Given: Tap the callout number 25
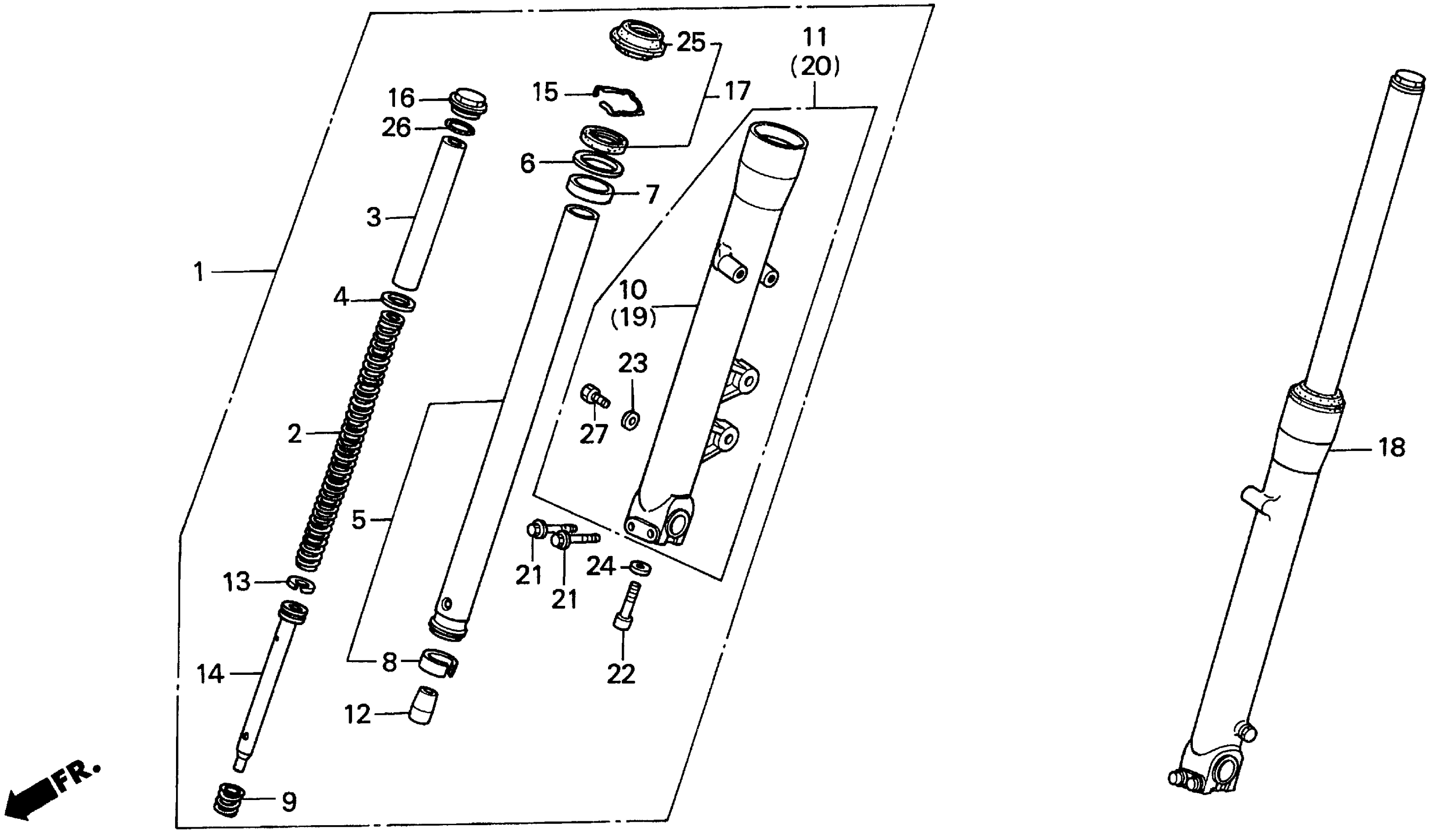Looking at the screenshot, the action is pyautogui.click(x=690, y=43).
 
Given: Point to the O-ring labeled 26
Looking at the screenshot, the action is pyautogui.click(x=460, y=127).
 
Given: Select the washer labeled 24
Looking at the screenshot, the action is pyautogui.click(x=641, y=568).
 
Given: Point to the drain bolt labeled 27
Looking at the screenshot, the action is pyautogui.click(x=594, y=397).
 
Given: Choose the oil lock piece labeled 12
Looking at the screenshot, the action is pyautogui.click(x=424, y=705).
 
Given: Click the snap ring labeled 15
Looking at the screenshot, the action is pyautogui.click(x=618, y=102).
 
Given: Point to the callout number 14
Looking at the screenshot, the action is pyautogui.click(x=210, y=675).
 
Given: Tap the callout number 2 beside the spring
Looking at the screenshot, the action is pyautogui.click(x=294, y=434).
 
